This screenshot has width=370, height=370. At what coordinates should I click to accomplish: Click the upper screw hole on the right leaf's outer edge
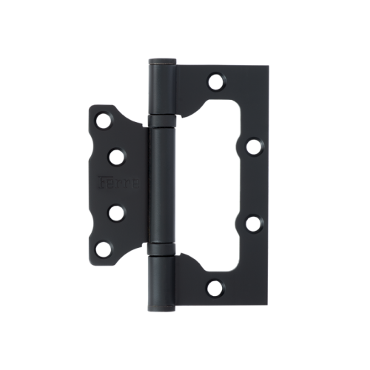pyautogui.click(x=253, y=146)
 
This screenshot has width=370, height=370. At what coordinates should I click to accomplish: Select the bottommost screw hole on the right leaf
pyautogui.click(x=215, y=289)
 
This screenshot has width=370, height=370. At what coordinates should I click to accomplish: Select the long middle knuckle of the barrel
pyautogui.click(x=161, y=184)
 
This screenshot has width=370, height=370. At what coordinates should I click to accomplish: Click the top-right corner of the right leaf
pyautogui.click(x=267, y=67)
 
